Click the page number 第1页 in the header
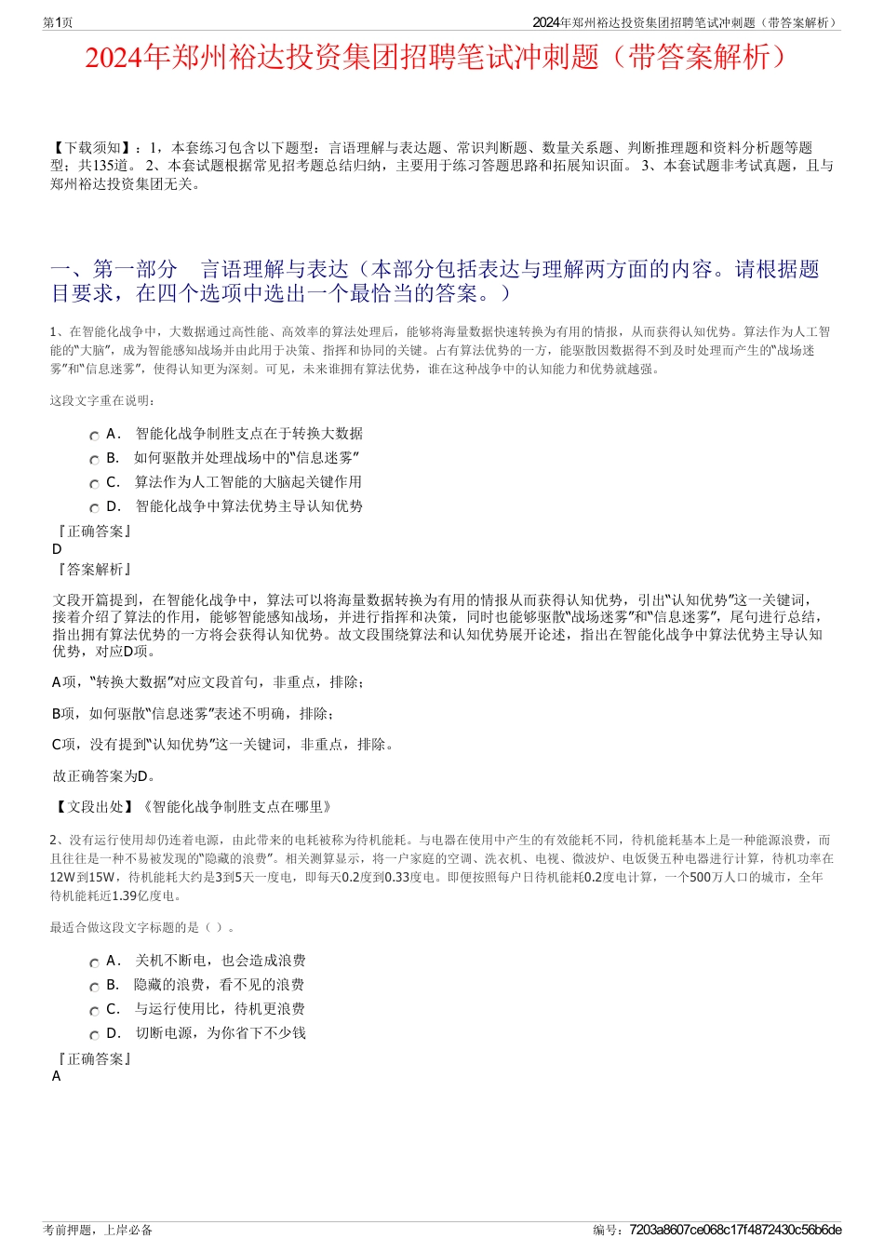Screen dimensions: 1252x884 pos(58,22)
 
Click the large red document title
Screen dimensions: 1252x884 pos(441,58)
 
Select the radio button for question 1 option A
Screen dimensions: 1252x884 pos(95,436)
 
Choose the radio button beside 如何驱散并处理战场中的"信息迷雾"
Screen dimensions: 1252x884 pos(95,460)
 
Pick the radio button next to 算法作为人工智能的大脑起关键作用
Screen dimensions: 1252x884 pos(95,484)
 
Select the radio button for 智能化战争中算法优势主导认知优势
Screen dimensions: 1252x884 pos(95,508)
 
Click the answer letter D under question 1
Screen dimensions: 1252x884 pos(57,549)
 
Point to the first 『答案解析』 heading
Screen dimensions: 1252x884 pos(93,569)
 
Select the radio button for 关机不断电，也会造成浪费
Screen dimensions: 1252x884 pos(95,963)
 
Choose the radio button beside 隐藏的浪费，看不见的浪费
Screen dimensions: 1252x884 pos(95,987)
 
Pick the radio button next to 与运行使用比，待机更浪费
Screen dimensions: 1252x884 pos(95,1011)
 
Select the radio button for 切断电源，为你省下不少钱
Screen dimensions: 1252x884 pos(95,1035)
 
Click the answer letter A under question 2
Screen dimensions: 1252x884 pos(57,1076)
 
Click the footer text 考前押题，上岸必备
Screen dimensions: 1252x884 pos(98,1230)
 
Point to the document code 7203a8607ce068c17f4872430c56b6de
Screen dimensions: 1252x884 pos(735,1230)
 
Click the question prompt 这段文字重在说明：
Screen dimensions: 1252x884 pos(103,401)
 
